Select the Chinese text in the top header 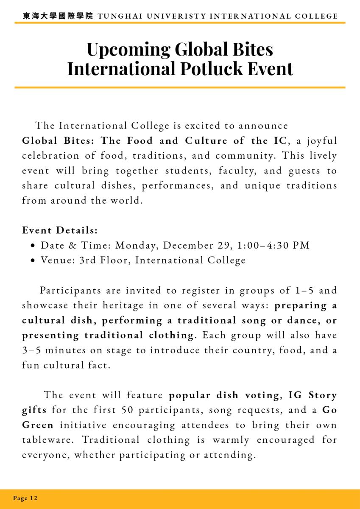coord(58,17)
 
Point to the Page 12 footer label coord(25,498)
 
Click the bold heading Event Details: coord(60,230)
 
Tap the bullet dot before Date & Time coord(33,246)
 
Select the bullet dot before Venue coord(33,260)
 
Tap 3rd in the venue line coord(87,260)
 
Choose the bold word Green coord(38,425)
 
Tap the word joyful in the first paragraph coord(322,141)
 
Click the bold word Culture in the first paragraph coord(206,141)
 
